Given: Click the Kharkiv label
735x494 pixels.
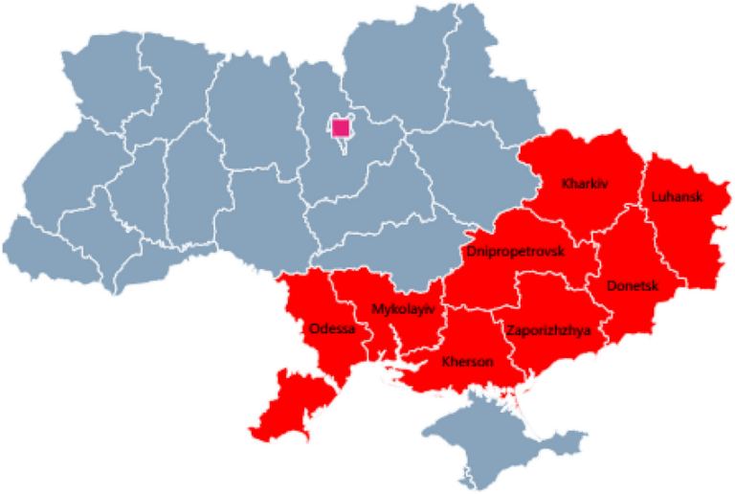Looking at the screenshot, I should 586,182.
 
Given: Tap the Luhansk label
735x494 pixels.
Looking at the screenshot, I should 677,197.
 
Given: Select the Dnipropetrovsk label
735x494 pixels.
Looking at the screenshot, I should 515,252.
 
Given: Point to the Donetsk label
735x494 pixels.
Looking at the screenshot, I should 633,285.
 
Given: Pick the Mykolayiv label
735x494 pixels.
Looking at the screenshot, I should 402,309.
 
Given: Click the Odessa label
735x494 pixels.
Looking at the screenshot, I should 332,328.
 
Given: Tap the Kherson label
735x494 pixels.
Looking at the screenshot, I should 467,362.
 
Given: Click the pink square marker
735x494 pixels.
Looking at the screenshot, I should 340,128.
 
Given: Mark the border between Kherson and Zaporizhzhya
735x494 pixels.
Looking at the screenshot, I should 512,354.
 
